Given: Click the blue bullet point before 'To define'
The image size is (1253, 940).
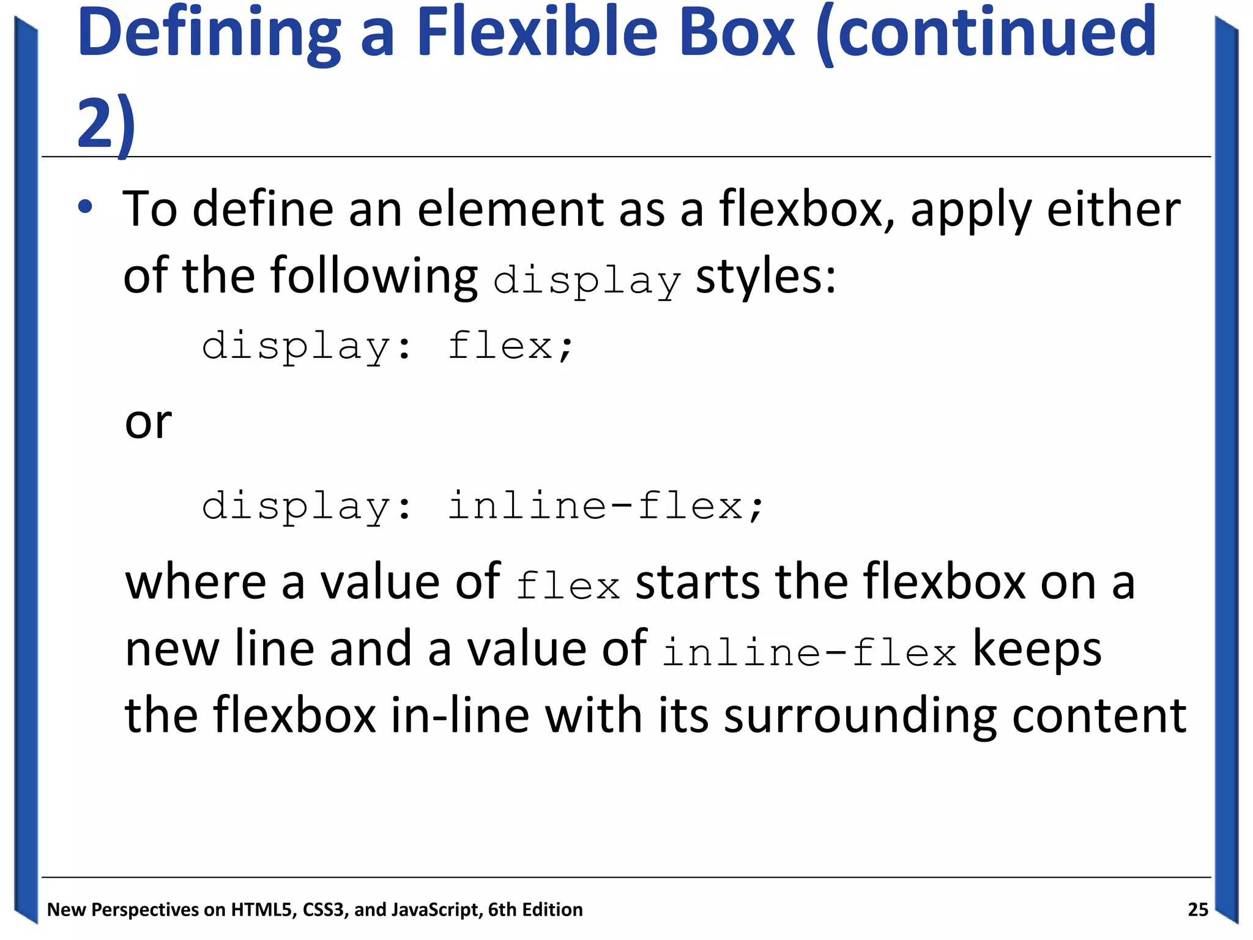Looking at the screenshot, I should (x=85, y=206).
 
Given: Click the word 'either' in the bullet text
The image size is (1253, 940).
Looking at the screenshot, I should (x=1114, y=209).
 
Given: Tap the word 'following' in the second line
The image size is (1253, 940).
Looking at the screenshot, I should (x=374, y=277).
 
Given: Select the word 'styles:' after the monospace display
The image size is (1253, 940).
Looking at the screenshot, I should (x=765, y=277).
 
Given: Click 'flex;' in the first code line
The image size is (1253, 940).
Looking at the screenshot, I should (x=511, y=346).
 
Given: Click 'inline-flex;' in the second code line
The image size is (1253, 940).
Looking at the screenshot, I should (x=606, y=507).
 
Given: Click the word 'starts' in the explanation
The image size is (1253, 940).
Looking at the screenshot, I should (x=698, y=581).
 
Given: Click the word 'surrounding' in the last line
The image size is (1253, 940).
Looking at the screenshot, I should (x=860, y=716).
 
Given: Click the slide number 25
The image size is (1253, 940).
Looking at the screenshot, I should (x=1197, y=909).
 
